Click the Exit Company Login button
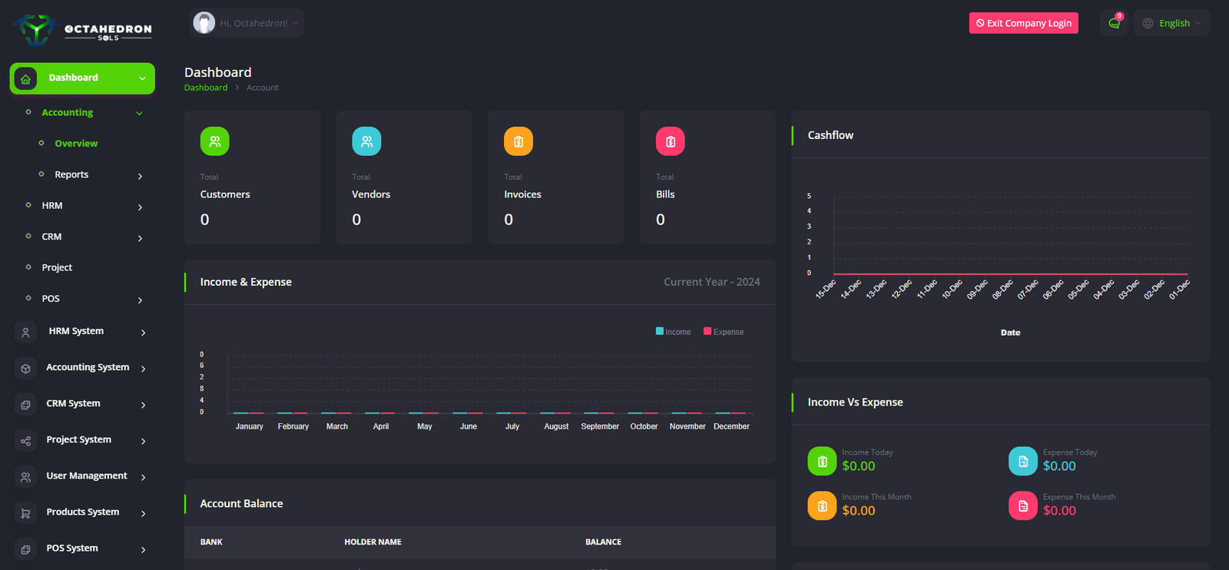pyautogui.click(x=1023, y=23)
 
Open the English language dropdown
pyautogui.click(x=1171, y=23)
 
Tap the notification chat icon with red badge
pyautogui.click(x=1114, y=23)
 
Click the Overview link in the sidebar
pyautogui.click(x=76, y=144)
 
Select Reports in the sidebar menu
pyautogui.click(x=71, y=174)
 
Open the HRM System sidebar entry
pyautogui.click(x=76, y=331)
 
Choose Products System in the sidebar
pyautogui.click(x=82, y=512)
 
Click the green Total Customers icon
pyautogui.click(x=215, y=141)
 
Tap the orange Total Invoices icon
pyautogui.click(x=518, y=141)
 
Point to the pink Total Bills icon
pyautogui.click(x=670, y=141)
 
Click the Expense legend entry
pyautogui.click(x=724, y=332)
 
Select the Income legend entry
pyautogui.click(x=673, y=332)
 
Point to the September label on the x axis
pyautogui.click(x=600, y=426)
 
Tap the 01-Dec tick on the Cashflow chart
pyautogui.click(x=1179, y=289)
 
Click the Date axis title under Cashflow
pyautogui.click(x=1010, y=333)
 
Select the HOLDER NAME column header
pyautogui.click(x=373, y=542)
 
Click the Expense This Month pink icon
pyautogui.click(x=1023, y=505)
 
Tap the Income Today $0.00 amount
pyautogui.click(x=858, y=466)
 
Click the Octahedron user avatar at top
pyautogui.click(x=204, y=23)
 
